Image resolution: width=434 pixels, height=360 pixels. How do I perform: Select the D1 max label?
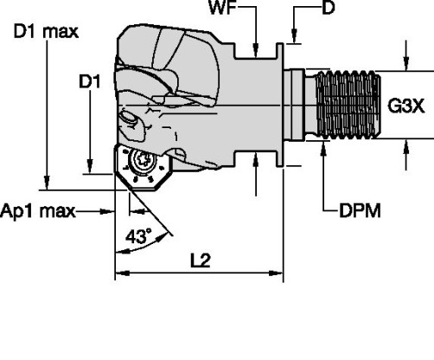47,33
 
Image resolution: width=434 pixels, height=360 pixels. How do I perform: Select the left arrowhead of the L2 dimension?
120,275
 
